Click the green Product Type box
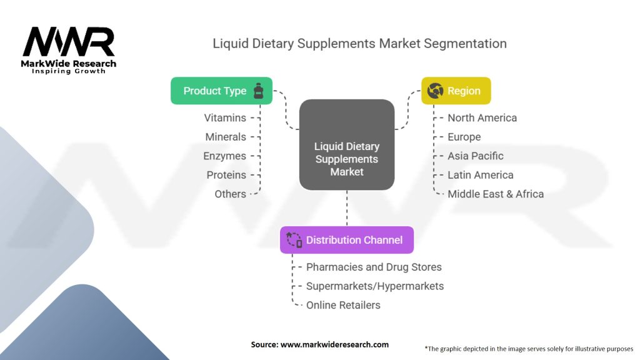tap(221, 91)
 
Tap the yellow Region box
tap(456, 91)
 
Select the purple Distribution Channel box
tap(347, 240)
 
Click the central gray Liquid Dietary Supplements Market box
tap(347, 159)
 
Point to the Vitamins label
tap(225, 117)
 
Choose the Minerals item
tap(226, 137)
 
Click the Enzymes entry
tap(224, 156)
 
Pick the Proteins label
tap(226, 175)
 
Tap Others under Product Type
tap(230, 194)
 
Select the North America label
tap(482, 117)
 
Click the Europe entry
tap(464, 137)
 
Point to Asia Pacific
tap(475, 156)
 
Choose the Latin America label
tap(480, 175)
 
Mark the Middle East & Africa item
tap(496, 194)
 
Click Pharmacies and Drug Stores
tap(374, 267)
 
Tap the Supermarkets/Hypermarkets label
tap(375, 286)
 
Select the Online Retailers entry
tap(343, 305)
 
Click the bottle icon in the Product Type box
tap(258, 91)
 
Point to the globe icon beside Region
tap(435, 91)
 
